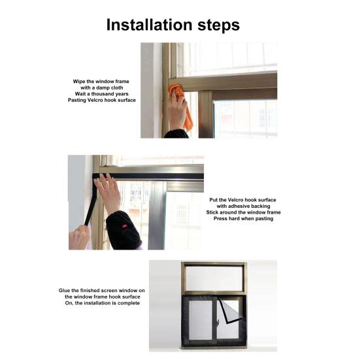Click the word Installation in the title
click(149, 25)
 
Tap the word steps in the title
click(219, 25)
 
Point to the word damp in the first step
click(103, 88)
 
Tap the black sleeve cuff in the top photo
click(176, 134)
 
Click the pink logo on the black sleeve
click(124, 226)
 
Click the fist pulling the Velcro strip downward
click(79, 238)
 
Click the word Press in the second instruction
click(220, 219)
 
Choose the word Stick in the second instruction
click(212, 212)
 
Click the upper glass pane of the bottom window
click(214, 278)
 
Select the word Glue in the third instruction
click(63, 291)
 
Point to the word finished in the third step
click(90, 291)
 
